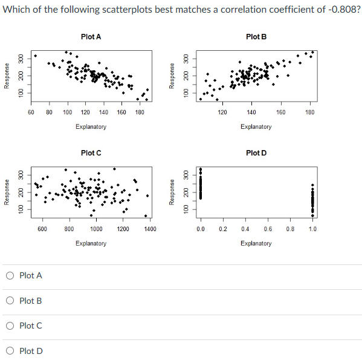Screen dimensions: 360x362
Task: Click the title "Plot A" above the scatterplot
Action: pyautogui.click(x=91, y=37)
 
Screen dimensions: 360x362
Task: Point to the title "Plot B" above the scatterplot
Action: pyautogui.click(x=256, y=37)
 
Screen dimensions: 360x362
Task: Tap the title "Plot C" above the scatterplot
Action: pyautogui.click(x=91, y=153)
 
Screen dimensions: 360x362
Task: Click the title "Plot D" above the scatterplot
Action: pyautogui.click(x=256, y=153)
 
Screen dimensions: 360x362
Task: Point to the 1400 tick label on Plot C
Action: pyautogui.click(x=150, y=229)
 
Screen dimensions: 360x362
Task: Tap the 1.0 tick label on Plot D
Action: pyautogui.click(x=312, y=229)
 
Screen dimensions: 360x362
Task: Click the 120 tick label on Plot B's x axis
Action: pyautogui.click(x=222, y=113)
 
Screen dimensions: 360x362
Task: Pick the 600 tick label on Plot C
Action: pyautogui.click(x=42, y=229)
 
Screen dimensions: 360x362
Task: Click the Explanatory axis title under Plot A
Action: pyautogui.click(x=91, y=127)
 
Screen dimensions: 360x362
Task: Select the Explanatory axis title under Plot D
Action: pyautogui.click(x=256, y=243)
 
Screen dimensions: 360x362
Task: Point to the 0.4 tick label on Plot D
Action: pyautogui.click(x=245, y=229)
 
